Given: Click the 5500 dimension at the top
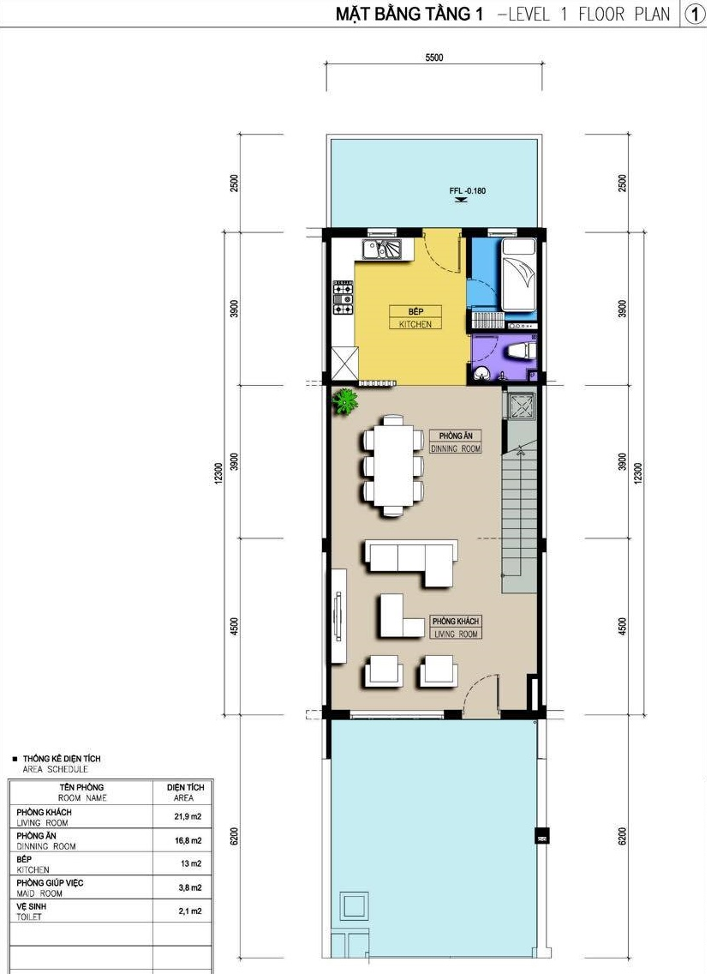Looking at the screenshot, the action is click(434, 57).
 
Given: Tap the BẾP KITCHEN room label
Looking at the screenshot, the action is click(415, 317).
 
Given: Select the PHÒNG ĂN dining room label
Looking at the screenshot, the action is click(456, 442).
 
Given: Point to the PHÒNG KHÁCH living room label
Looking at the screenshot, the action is click(456, 628).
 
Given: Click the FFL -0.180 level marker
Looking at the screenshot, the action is click(467, 191).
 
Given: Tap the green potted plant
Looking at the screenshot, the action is click(345, 401).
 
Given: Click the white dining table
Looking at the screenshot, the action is click(393, 466).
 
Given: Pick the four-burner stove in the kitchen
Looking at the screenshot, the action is click(344, 298).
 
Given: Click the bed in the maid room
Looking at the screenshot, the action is click(518, 274).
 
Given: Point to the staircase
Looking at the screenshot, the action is click(519, 519).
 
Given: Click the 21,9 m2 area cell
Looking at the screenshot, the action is click(188, 817).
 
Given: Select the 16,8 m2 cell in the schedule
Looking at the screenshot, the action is click(188, 840).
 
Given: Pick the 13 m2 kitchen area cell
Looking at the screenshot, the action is click(190, 863).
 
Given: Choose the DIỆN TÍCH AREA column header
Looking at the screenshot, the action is click(185, 792).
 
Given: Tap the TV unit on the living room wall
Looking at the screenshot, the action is click(338, 616).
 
